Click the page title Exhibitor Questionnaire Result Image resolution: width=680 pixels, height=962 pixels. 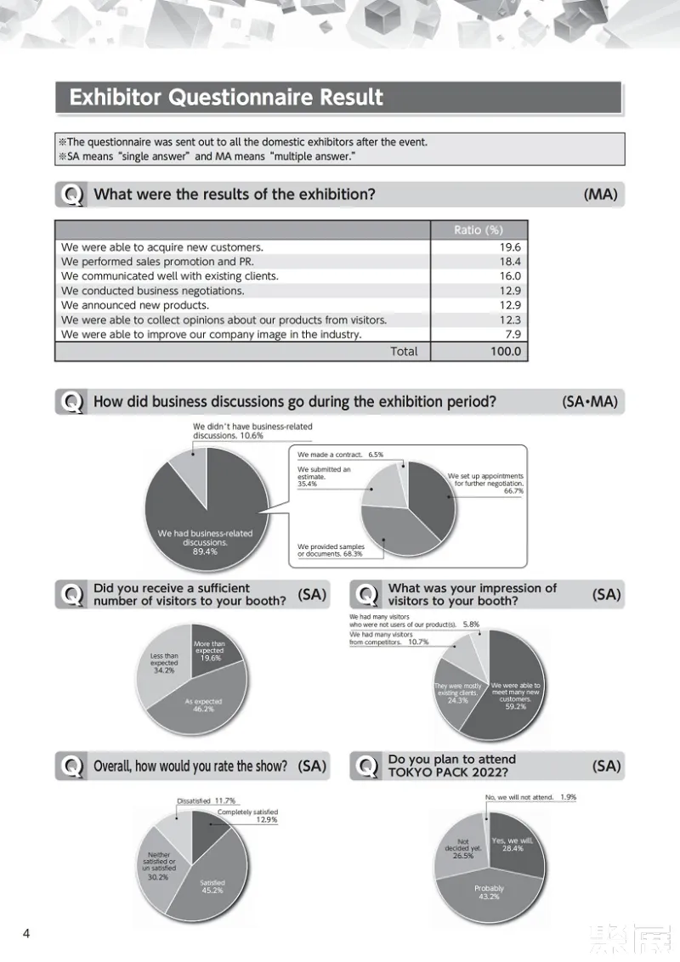point(226,98)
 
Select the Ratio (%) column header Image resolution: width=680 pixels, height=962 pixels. point(479,230)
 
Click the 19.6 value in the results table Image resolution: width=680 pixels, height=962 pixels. point(510,247)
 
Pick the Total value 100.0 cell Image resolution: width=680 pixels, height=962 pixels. point(505,351)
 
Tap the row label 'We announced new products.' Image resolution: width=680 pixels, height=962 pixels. point(135,305)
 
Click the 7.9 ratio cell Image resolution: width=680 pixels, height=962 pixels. point(513,335)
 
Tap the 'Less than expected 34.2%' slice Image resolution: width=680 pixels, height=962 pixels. point(164,663)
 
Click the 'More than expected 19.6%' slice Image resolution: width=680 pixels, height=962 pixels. point(209,652)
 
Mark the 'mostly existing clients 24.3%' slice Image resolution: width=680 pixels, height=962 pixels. point(458,693)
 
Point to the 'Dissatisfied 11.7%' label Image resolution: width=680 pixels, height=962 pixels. point(206,801)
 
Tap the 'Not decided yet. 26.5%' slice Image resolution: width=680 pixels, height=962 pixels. point(463,847)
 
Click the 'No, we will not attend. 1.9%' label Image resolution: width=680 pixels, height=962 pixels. point(530,797)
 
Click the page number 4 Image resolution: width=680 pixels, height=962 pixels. point(26,934)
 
